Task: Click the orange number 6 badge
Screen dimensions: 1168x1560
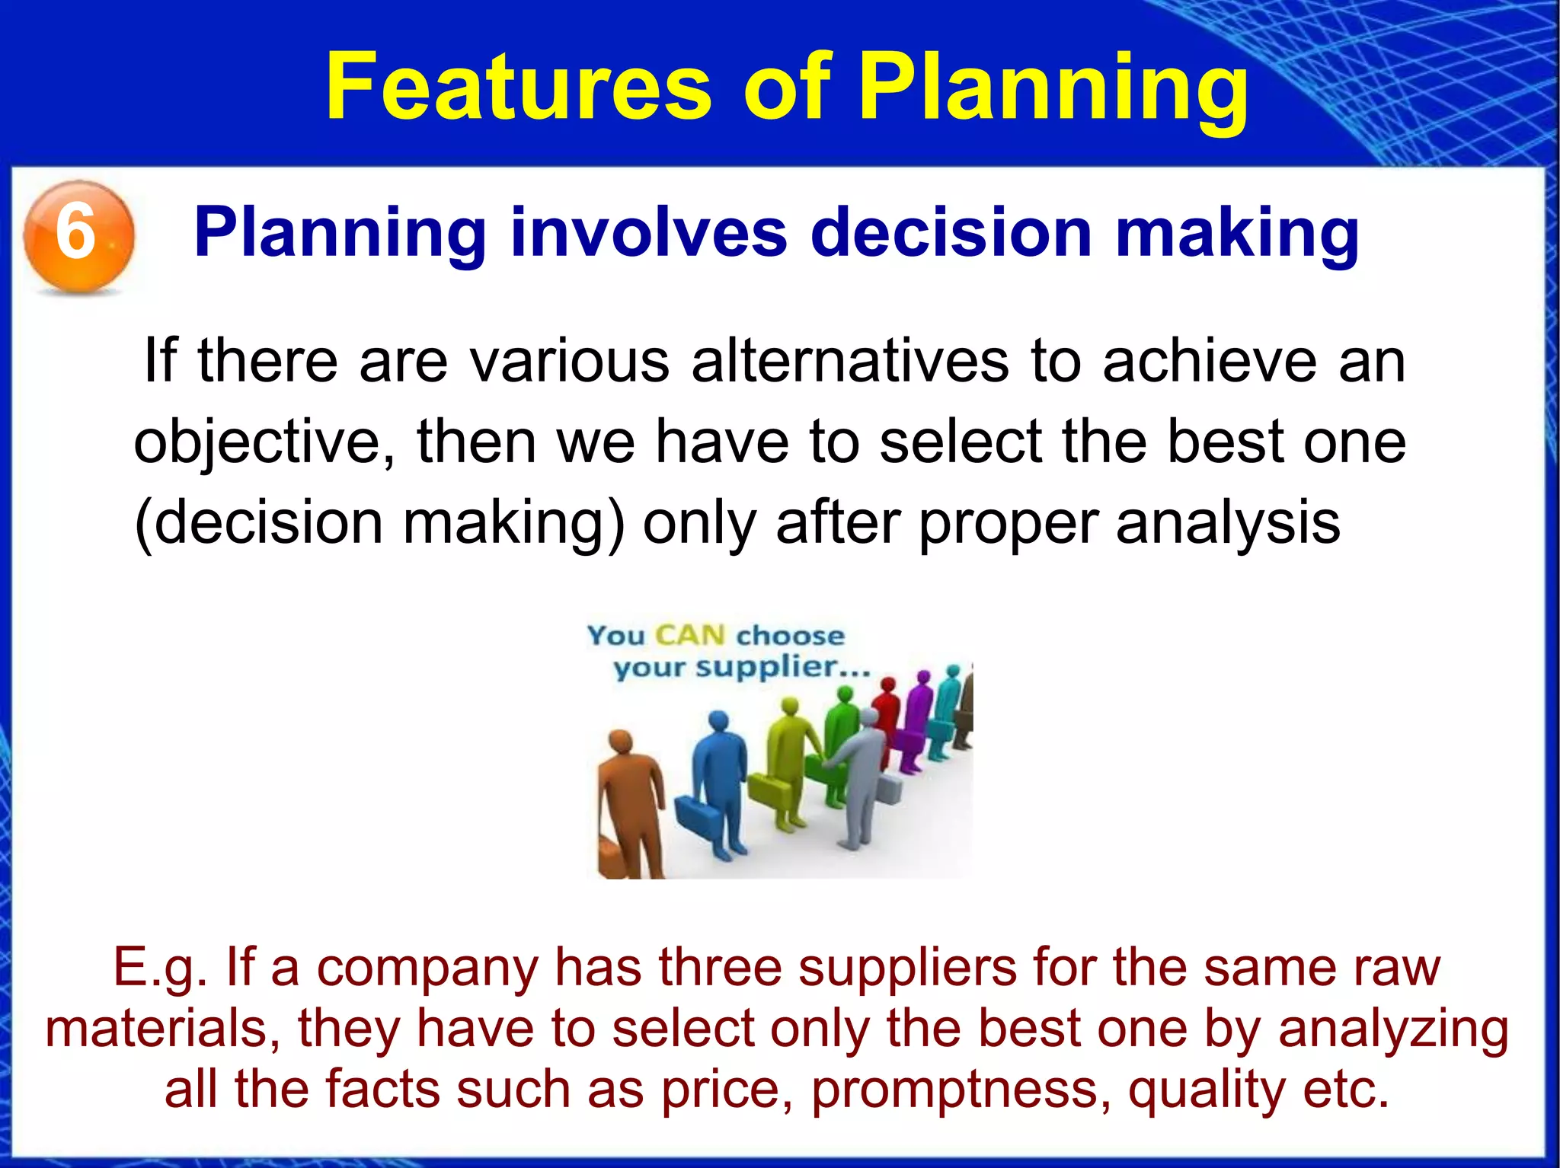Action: pyautogui.click(x=78, y=235)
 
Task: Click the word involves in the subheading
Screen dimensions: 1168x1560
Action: pyautogui.click(x=649, y=232)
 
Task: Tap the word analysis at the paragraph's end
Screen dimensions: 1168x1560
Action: pyautogui.click(x=1228, y=523)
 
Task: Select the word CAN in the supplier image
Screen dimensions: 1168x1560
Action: pyautogui.click(x=689, y=635)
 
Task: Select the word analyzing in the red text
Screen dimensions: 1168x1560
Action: pyautogui.click(x=1393, y=1028)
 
